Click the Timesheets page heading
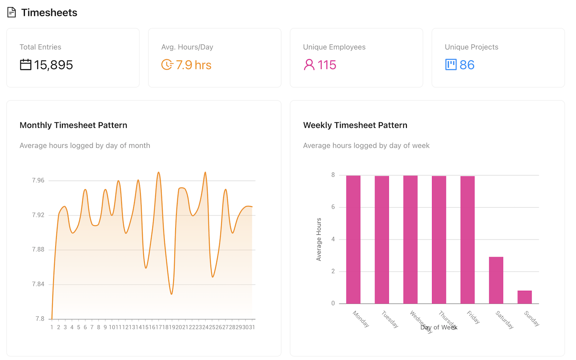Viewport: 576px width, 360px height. pyautogui.click(x=49, y=13)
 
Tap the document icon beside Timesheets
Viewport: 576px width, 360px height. pyautogui.click(x=12, y=12)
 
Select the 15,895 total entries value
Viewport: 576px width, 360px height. pyautogui.click(x=53, y=65)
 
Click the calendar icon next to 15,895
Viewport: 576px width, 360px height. pyautogui.click(x=26, y=64)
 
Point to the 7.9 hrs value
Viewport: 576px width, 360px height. pyautogui.click(x=194, y=65)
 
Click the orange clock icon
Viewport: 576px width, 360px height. pyautogui.click(x=167, y=64)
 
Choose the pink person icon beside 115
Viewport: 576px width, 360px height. pyautogui.click(x=309, y=64)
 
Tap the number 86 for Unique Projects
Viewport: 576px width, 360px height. pyautogui.click(x=467, y=65)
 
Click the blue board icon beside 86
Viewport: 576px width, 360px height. pyautogui.click(x=451, y=64)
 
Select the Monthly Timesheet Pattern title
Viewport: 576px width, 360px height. pyautogui.click(x=73, y=125)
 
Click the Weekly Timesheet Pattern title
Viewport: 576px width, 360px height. pyautogui.click(x=355, y=125)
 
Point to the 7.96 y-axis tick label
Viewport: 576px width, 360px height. pyautogui.click(x=38, y=180)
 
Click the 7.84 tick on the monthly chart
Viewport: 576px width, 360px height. pyautogui.click(x=38, y=284)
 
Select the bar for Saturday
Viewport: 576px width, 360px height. pyautogui.click(x=496, y=280)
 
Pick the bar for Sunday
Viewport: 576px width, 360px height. pyautogui.click(x=524, y=297)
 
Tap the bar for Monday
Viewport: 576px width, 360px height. pyautogui.click(x=353, y=240)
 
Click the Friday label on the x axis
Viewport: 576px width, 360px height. pyautogui.click(x=473, y=317)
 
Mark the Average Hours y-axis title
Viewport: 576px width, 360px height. pyautogui.click(x=319, y=239)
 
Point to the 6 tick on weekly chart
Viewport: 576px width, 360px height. pyautogui.click(x=333, y=207)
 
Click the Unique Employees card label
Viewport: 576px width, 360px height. pyautogui.click(x=334, y=47)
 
